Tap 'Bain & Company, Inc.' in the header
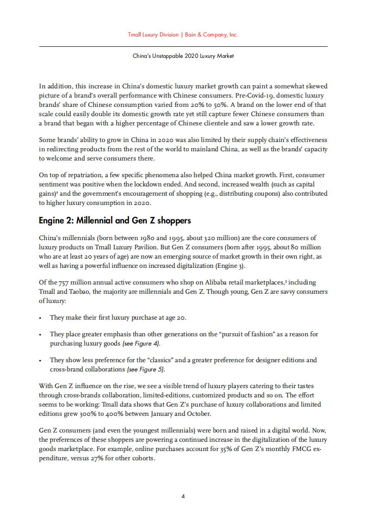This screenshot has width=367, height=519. pos(211,35)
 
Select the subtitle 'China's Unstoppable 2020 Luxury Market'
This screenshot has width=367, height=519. pos(183,56)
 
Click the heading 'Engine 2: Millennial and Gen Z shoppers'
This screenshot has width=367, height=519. pos(115,221)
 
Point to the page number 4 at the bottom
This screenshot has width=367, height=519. pos(183,496)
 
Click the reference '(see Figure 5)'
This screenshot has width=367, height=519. pos(146,370)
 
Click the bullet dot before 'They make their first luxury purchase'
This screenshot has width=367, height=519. pos(41,318)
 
